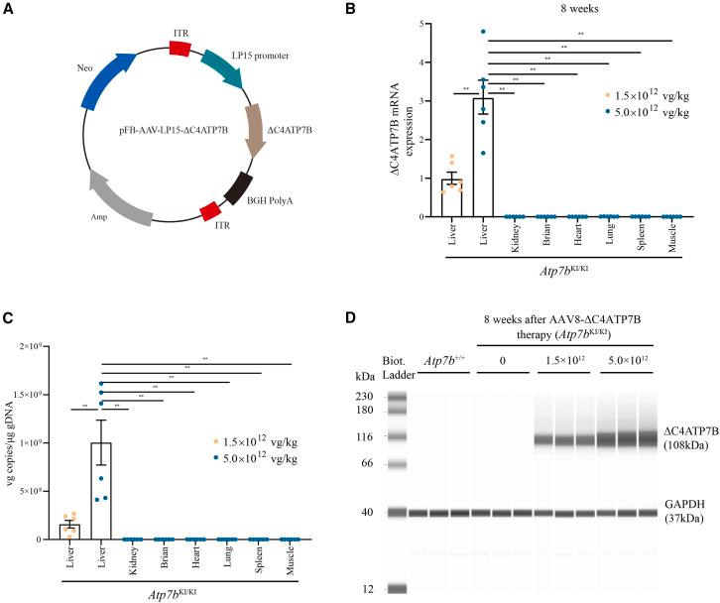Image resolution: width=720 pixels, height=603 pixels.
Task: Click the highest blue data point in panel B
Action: [484, 33]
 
